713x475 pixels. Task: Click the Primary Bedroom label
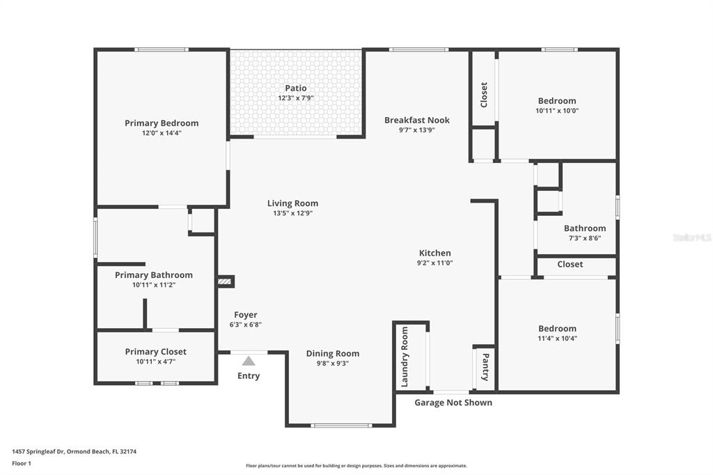pyautogui.click(x=162, y=123)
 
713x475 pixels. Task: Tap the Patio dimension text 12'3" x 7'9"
pyautogui.click(x=295, y=98)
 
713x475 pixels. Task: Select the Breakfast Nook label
pyautogui.click(x=417, y=120)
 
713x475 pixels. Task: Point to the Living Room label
pyautogui.click(x=292, y=203)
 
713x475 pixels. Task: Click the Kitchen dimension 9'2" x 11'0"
pyautogui.click(x=434, y=263)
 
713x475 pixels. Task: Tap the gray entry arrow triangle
pyautogui.click(x=249, y=361)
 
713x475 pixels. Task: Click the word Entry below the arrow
pyautogui.click(x=249, y=376)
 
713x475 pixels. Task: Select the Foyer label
pyautogui.click(x=246, y=315)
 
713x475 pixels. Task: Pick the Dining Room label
pyautogui.click(x=332, y=354)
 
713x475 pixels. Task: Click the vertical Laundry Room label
pyautogui.click(x=405, y=357)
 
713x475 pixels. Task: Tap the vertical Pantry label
pyautogui.click(x=485, y=367)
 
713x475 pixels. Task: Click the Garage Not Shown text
pyautogui.click(x=453, y=403)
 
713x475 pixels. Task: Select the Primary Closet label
pyautogui.click(x=155, y=352)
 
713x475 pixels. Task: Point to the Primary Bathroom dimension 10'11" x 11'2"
pyautogui.click(x=154, y=285)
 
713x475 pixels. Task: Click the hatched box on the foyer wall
pyautogui.click(x=225, y=281)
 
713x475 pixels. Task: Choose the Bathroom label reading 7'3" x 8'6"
pyautogui.click(x=585, y=228)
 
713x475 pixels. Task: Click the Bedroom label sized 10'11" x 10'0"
pyautogui.click(x=557, y=101)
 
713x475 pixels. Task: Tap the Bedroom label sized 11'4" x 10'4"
pyautogui.click(x=558, y=329)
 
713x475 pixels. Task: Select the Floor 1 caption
pyautogui.click(x=22, y=464)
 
